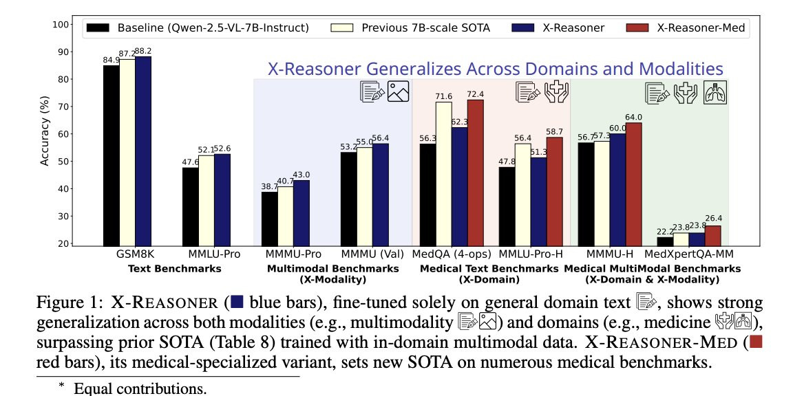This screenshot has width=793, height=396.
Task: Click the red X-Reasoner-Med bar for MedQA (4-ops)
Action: tap(475, 172)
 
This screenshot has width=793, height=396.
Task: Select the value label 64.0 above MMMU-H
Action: tap(634, 117)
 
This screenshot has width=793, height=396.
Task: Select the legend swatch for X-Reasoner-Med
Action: tap(637, 28)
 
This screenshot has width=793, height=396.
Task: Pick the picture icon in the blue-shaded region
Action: tap(399, 91)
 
